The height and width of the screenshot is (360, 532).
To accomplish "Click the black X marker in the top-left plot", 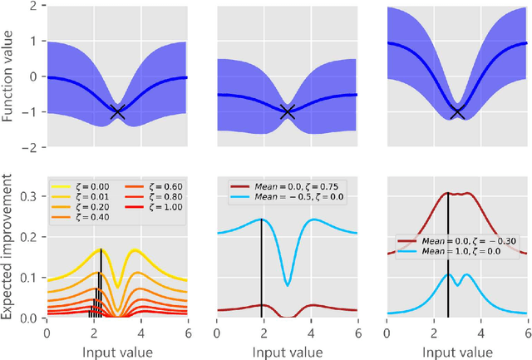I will point(117,112).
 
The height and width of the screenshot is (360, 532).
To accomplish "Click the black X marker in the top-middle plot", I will point(288,112).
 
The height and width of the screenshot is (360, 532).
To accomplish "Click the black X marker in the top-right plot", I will point(457,112).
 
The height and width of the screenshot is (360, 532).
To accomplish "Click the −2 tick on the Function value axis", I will point(31,148).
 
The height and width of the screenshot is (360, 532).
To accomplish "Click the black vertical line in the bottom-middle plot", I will point(262,266).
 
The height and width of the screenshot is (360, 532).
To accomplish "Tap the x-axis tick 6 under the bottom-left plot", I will point(188,331).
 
